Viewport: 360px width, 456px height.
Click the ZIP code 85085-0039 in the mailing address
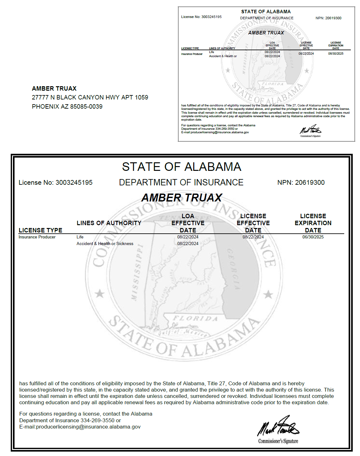[x=86, y=107]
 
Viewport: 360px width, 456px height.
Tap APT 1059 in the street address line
[x=135, y=98]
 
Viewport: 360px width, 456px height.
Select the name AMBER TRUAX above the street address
[x=54, y=89]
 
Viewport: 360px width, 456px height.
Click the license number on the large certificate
[x=74, y=183]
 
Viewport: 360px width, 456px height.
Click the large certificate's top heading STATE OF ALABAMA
[x=182, y=167]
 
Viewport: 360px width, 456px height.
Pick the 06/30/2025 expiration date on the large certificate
[x=313, y=237]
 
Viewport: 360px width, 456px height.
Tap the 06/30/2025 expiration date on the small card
[x=336, y=54]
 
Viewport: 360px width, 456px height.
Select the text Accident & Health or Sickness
[x=105, y=244]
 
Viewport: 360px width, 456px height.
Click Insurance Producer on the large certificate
[x=37, y=237]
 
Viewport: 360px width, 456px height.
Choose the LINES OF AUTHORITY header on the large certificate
[x=109, y=223]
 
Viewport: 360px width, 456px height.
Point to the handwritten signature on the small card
[x=310, y=129]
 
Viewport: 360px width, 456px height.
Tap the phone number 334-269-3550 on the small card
[x=225, y=129]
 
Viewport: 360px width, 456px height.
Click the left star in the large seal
[x=100, y=294]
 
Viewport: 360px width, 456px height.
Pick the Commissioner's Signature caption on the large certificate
[x=278, y=441]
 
